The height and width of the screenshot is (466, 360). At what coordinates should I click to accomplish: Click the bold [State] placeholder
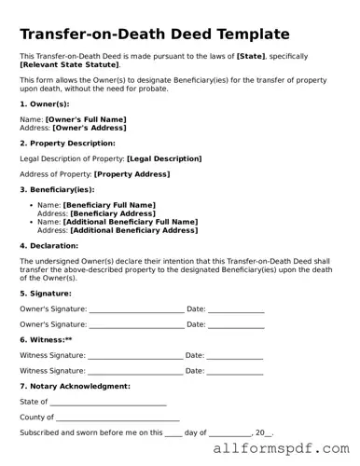pos(255,58)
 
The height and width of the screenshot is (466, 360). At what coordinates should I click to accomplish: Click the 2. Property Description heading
pos(67,144)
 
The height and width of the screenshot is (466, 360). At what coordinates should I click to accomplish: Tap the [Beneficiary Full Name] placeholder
pos(109,205)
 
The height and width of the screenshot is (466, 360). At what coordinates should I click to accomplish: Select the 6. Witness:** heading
pos(46,339)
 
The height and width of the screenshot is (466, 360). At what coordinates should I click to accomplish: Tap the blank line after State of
pos(107,403)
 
